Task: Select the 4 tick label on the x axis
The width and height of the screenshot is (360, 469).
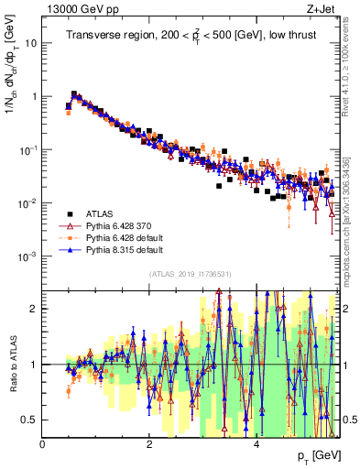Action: coord(256,444)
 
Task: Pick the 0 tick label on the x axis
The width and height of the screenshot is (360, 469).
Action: coord(43,444)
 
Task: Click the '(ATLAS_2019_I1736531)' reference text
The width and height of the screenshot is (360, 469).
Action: coord(190,275)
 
